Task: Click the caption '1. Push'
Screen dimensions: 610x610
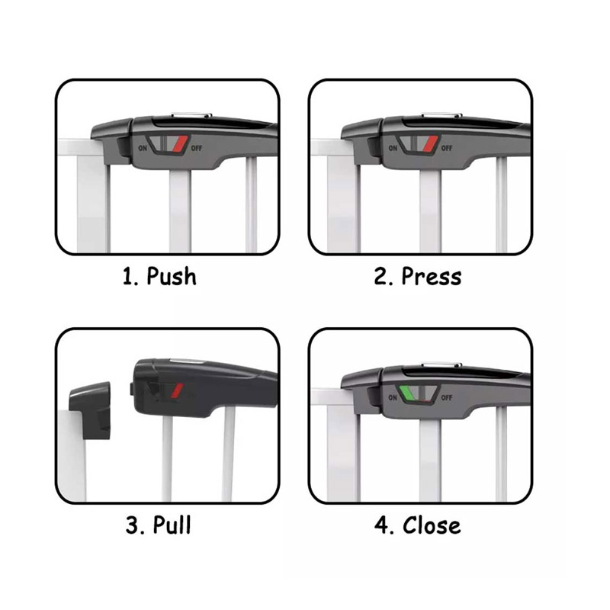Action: pos(159,277)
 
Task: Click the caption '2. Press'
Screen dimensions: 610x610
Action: pos(418,277)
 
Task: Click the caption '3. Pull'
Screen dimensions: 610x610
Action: pos(159,525)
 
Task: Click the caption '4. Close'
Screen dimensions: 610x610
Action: pos(417,525)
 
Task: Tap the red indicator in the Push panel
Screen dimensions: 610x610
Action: pos(180,143)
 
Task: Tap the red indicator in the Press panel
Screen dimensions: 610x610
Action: pos(430,143)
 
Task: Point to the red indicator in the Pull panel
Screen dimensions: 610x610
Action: pos(178,390)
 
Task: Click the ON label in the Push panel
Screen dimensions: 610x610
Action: pos(143,148)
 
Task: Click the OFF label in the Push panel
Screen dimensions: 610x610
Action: pos(197,148)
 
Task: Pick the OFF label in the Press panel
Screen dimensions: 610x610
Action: pos(447,148)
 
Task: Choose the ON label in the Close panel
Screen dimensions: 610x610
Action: pos(393,397)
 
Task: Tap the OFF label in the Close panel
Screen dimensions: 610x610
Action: pos(447,397)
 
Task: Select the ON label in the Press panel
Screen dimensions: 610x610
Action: pos(393,148)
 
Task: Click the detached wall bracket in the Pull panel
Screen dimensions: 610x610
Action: pos(90,410)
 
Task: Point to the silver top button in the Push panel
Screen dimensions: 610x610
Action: pos(191,115)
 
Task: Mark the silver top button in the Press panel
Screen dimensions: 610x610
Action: pos(441,115)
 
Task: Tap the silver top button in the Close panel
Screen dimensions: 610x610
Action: pos(441,365)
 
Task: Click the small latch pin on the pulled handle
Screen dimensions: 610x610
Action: pos(131,390)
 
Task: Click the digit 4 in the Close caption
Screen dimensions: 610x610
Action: pos(380,525)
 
